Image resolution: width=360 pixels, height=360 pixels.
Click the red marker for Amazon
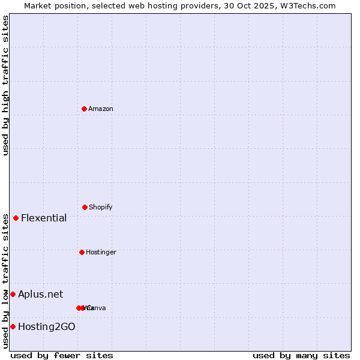(84, 109)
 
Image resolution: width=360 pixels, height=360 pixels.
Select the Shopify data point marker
(85, 207)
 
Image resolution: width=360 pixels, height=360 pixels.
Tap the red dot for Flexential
(16, 218)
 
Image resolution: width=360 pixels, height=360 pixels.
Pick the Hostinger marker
(82, 252)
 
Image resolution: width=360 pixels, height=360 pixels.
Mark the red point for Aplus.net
(13, 294)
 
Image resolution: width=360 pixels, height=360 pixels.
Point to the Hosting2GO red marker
(13, 326)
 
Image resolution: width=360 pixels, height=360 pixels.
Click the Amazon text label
(101, 109)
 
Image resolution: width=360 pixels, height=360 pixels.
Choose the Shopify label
(101, 207)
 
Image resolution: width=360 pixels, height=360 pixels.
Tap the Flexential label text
(44, 218)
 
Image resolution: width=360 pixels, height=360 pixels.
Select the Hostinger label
(101, 252)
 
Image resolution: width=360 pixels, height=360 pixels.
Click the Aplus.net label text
(40, 294)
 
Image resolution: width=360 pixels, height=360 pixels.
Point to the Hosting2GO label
(47, 326)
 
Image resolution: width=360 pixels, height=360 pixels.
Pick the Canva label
(97, 308)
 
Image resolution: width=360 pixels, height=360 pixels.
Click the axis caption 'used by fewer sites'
(62, 355)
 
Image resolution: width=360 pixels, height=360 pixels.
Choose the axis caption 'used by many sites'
(301, 355)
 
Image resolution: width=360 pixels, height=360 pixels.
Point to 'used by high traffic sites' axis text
(5, 85)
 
